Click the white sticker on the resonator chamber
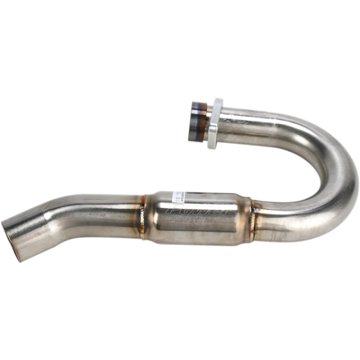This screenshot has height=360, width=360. coord(181,192)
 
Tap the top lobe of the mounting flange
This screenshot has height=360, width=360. coord(219,103)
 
